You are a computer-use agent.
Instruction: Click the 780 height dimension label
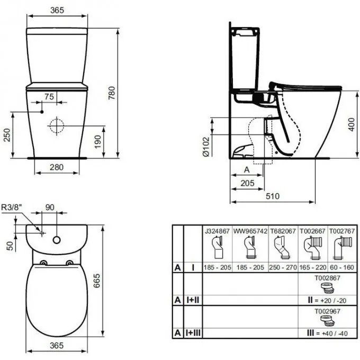click(x=112, y=93)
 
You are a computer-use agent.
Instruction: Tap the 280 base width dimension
click(x=57, y=167)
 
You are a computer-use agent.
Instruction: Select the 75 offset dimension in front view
click(x=49, y=97)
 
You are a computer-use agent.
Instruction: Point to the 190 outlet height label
click(x=98, y=142)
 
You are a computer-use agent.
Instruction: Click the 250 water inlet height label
click(x=7, y=135)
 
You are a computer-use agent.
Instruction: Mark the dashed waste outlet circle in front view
click(x=57, y=126)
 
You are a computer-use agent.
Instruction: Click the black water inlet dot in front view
click(x=42, y=112)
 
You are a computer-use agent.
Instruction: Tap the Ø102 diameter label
click(x=206, y=147)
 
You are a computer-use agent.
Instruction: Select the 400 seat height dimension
click(x=352, y=124)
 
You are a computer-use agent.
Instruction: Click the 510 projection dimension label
click(x=273, y=196)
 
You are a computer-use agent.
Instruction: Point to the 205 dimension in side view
click(x=248, y=183)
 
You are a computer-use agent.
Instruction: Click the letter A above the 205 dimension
click(x=247, y=169)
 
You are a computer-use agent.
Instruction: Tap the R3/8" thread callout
click(x=11, y=207)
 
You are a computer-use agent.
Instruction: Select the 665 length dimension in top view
click(x=97, y=281)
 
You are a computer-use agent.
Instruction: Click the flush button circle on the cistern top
click(x=57, y=240)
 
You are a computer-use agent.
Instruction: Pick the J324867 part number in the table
click(x=217, y=231)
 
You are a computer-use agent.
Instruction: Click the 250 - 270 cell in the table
click(x=283, y=267)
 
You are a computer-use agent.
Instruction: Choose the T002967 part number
click(x=327, y=311)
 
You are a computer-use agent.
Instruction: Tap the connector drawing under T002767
click(x=342, y=248)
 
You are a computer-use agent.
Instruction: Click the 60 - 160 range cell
click(x=342, y=267)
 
